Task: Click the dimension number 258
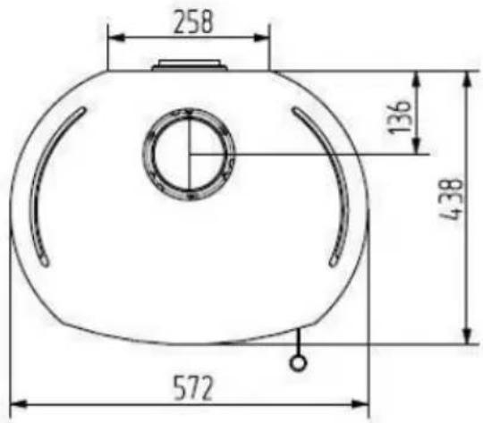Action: coord(193,21)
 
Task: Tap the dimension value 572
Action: coord(193,387)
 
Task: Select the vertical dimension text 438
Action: coord(452,199)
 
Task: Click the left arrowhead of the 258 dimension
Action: coord(116,38)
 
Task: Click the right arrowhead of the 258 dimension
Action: coord(261,38)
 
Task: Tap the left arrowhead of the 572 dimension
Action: coord(19,404)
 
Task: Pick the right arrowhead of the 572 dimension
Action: coord(360,404)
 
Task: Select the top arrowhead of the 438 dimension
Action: coord(468,80)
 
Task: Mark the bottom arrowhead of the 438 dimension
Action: coord(468,335)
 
